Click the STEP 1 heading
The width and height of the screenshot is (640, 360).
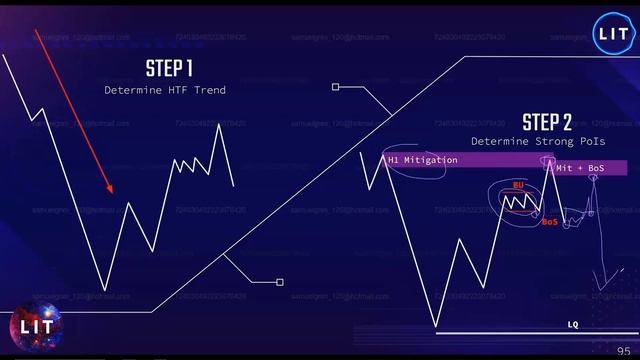[169, 69]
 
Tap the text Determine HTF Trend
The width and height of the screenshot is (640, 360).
[165, 90]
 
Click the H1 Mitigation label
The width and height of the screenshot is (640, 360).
[423, 160]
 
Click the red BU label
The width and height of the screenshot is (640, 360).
[518, 185]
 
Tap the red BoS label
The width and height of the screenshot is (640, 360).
[549, 221]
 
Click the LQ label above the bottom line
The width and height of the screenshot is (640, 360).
[573, 325]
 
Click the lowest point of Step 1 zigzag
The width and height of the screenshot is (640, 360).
[104, 291]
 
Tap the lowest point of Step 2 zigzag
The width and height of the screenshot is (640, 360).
[436, 326]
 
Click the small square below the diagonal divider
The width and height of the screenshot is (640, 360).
[280, 282]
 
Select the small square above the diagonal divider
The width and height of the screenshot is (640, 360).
[336, 87]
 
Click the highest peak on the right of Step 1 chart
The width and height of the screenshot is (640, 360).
[217, 124]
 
